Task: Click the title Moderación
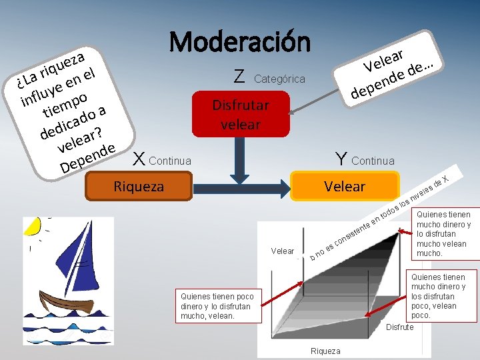240,42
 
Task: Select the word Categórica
280,79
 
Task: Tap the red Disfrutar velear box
241,114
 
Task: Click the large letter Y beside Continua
341,158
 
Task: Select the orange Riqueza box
139,186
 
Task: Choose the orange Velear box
344,186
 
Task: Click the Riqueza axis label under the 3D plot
325,351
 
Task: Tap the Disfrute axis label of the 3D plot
400,327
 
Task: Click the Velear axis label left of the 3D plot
283,251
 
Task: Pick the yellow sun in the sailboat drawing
32,226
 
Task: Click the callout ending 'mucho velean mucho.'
443,234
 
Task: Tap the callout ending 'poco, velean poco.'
438,296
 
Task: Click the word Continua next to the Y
373,161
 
